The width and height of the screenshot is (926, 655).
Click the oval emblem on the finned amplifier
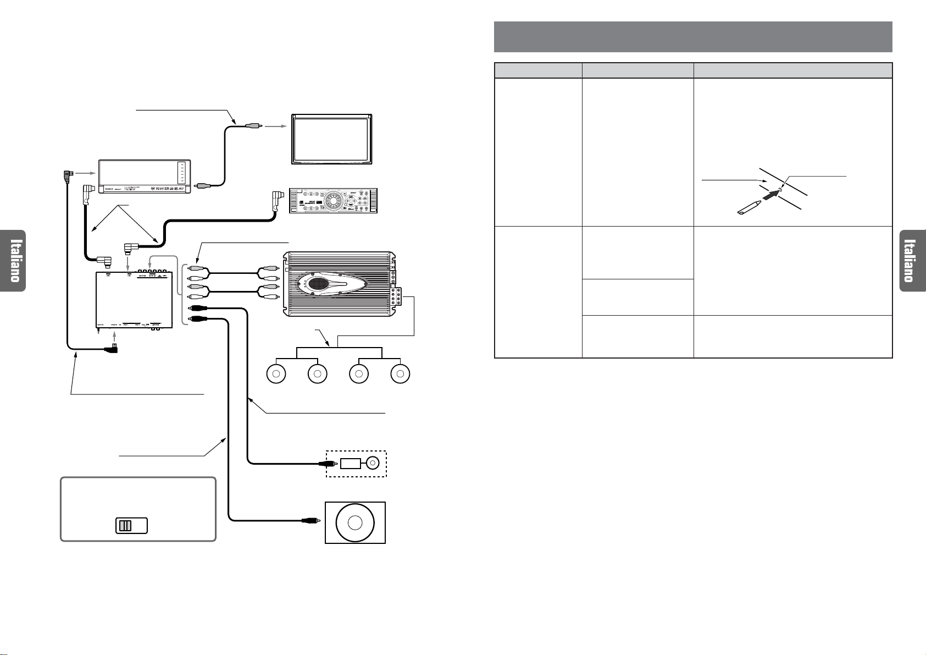[x=314, y=285]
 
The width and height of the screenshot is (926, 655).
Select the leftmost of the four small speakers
[x=276, y=374]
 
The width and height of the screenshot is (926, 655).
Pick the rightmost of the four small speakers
[x=401, y=374]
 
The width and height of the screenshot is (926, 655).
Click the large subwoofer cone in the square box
[x=355, y=522]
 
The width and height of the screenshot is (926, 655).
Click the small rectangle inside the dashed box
[x=350, y=464]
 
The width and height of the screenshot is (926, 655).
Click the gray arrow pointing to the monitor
[x=276, y=126]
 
